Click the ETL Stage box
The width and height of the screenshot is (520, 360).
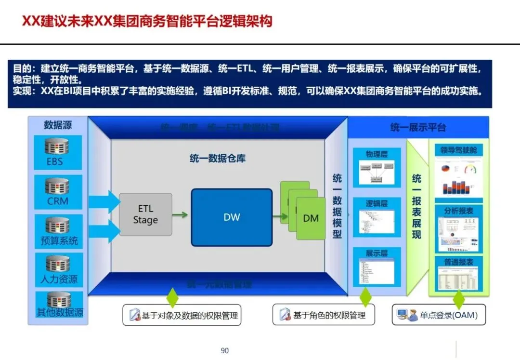tap(145, 214)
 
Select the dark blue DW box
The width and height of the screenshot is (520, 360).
tap(232, 217)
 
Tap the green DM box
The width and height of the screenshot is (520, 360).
tap(311, 218)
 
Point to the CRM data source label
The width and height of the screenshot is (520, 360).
tap(58, 201)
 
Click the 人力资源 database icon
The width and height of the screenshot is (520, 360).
tap(58, 263)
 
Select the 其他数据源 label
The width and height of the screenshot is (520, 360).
tap(60, 312)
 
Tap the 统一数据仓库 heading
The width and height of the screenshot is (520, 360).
tap(217, 158)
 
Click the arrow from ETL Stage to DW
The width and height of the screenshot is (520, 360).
tap(181, 215)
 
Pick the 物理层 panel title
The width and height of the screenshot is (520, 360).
tap(377, 154)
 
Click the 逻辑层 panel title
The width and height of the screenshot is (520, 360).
tap(377, 203)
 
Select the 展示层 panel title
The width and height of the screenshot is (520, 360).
tap(377, 253)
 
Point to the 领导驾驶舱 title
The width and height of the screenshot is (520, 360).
tap(458, 150)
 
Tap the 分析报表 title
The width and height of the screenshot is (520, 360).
tap(458, 211)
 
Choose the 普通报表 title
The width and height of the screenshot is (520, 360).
tap(458, 262)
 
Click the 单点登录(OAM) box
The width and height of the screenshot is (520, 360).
tap(438, 315)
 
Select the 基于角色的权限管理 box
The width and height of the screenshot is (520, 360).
tap(323, 315)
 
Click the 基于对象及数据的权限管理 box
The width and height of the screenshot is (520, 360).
tap(182, 316)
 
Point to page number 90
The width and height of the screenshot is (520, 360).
tap(224, 350)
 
